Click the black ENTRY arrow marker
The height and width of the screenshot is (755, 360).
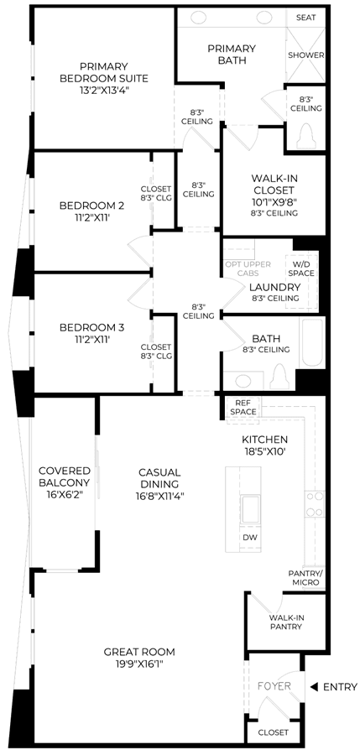[314, 687]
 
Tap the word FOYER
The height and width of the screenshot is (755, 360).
[274, 685]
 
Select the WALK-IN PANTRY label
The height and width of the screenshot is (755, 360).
[286, 622]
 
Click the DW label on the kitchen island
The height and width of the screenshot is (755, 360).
[249, 536]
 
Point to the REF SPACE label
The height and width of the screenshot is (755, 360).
[243, 408]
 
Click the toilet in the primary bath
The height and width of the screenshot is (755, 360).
[306, 136]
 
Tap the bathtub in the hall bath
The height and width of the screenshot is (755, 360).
[313, 342]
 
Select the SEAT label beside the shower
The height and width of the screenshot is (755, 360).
[306, 18]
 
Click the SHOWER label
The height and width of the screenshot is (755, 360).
[306, 55]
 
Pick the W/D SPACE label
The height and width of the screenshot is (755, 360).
[302, 268]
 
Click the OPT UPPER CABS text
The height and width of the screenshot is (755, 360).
[248, 268]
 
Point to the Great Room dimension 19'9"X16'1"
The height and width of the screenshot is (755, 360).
[139, 664]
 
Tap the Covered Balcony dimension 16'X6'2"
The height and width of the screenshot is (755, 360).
[64, 495]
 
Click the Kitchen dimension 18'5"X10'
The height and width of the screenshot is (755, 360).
[264, 451]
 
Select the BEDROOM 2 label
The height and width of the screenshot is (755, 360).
[91, 206]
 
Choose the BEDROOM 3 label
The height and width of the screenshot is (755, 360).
[91, 328]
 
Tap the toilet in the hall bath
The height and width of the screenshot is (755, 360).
[280, 376]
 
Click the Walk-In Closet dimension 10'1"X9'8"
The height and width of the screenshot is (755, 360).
[274, 201]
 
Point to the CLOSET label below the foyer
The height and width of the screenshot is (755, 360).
[274, 733]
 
